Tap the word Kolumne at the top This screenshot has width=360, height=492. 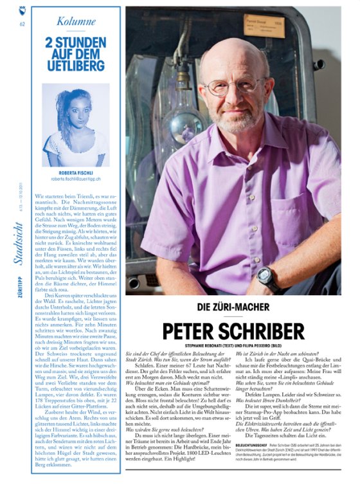pyautogui.click(x=76, y=21)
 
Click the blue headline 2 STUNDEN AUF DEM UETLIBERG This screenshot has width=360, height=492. pyautogui.click(x=76, y=54)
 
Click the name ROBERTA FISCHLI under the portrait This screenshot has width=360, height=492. pyautogui.click(x=76, y=172)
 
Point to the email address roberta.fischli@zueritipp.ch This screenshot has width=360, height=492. pyautogui.click(x=76, y=180)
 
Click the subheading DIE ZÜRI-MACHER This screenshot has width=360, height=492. pyautogui.click(x=232, y=307)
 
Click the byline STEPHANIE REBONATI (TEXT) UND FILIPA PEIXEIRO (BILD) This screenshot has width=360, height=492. pyautogui.click(x=233, y=345)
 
